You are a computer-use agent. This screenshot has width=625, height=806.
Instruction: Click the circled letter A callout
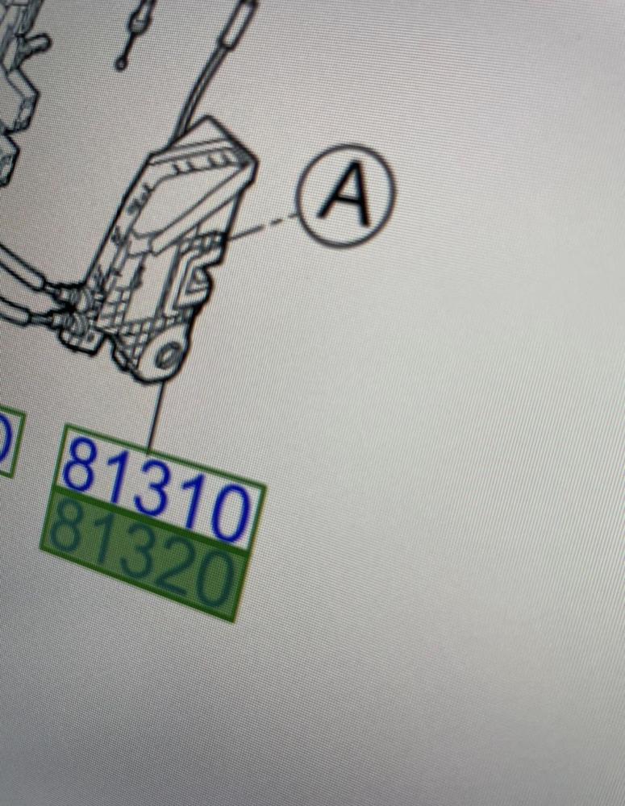pos(345,195)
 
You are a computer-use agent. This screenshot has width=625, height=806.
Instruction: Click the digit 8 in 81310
pos(82,466)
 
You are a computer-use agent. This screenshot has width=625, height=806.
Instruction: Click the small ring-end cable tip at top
pos(123,60)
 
